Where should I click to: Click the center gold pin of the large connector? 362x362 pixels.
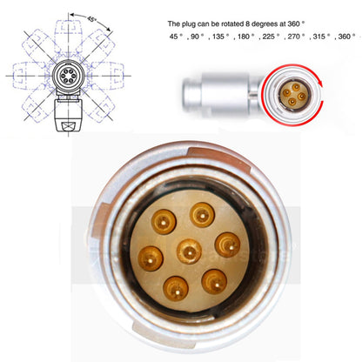189,251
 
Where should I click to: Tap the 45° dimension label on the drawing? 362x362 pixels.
91,19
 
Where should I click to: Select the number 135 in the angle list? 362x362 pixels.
218,37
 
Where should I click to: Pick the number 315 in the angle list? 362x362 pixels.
319,37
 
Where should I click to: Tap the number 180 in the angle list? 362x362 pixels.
244,37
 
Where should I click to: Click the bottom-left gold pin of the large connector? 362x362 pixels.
176,289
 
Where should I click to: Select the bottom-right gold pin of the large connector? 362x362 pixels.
214,282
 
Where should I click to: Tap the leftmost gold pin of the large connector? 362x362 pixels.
151,258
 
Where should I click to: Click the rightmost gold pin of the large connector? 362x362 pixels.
227,245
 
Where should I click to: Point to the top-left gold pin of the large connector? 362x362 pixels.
164,222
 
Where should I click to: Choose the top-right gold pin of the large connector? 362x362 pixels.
202,215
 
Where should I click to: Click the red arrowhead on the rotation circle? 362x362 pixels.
320,83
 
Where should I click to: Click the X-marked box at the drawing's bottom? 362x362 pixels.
69,126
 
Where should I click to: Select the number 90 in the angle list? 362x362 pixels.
195,37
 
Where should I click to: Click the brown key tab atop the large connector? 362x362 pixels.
218,158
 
